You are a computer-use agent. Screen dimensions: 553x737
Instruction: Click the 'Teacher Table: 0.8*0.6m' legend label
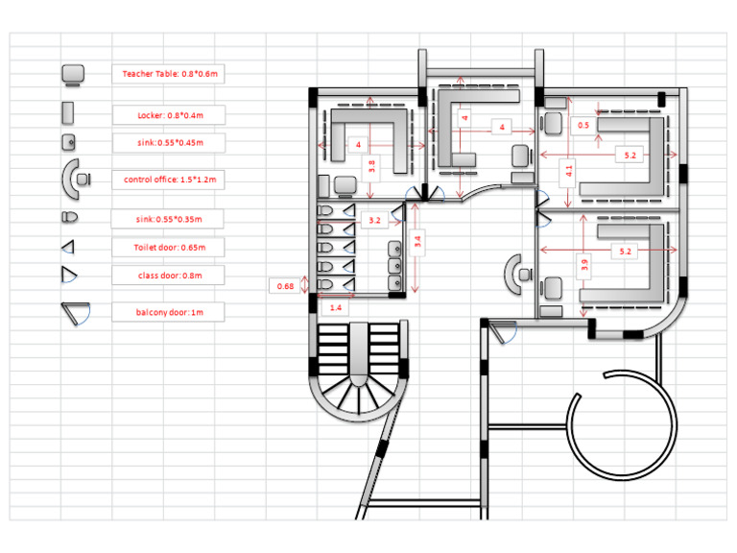click(x=169, y=73)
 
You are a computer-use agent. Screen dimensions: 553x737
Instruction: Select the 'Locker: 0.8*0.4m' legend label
click(x=169, y=115)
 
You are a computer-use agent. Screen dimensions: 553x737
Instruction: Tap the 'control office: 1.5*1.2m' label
click(x=169, y=180)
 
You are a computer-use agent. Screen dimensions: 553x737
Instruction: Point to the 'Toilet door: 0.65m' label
click(x=169, y=247)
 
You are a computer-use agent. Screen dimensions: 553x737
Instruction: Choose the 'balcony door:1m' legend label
click(x=169, y=312)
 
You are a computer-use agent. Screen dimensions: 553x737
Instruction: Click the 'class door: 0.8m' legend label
click(x=169, y=276)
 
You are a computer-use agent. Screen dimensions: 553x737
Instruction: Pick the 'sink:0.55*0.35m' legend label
click(x=169, y=219)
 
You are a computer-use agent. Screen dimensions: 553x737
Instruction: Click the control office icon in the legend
click(x=76, y=179)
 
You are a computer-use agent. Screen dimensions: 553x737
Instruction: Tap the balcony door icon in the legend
click(x=74, y=312)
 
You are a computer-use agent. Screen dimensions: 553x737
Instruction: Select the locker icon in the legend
click(x=69, y=113)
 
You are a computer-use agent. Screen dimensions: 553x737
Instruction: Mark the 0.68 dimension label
click(x=285, y=286)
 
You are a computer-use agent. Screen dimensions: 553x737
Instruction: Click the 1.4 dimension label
click(x=336, y=307)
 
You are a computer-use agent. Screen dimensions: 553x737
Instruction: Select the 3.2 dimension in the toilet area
click(x=375, y=220)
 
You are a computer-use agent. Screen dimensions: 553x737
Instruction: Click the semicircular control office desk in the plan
click(x=516, y=274)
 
